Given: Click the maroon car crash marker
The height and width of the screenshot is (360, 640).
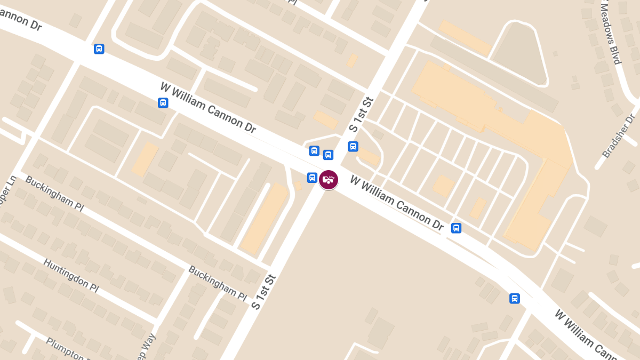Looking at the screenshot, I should point(329,180).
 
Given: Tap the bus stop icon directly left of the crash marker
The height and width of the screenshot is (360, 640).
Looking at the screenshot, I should point(312,177).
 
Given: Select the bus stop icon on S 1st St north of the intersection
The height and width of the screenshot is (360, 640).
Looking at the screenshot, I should point(353,146).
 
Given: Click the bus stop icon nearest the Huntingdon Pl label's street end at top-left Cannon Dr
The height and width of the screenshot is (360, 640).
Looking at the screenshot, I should point(99,49).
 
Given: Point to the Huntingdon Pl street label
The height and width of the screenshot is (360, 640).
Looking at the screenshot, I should point(71,275).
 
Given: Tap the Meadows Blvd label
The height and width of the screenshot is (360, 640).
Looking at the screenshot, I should point(610,32).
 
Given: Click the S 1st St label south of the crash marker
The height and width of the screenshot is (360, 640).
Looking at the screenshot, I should point(265,292).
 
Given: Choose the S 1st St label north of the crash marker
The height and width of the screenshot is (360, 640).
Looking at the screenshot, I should point(362,114).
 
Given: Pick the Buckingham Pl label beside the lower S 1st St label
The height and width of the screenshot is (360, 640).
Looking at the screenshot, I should point(218,283).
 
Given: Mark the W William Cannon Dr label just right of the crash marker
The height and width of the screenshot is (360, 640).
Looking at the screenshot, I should point(397,203).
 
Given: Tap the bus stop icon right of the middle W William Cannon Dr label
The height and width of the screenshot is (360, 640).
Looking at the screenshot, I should point(456,228).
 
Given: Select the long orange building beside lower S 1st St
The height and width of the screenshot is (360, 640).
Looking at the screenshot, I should point(265,218).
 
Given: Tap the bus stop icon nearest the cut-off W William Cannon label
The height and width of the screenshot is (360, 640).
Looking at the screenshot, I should point(515,298).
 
